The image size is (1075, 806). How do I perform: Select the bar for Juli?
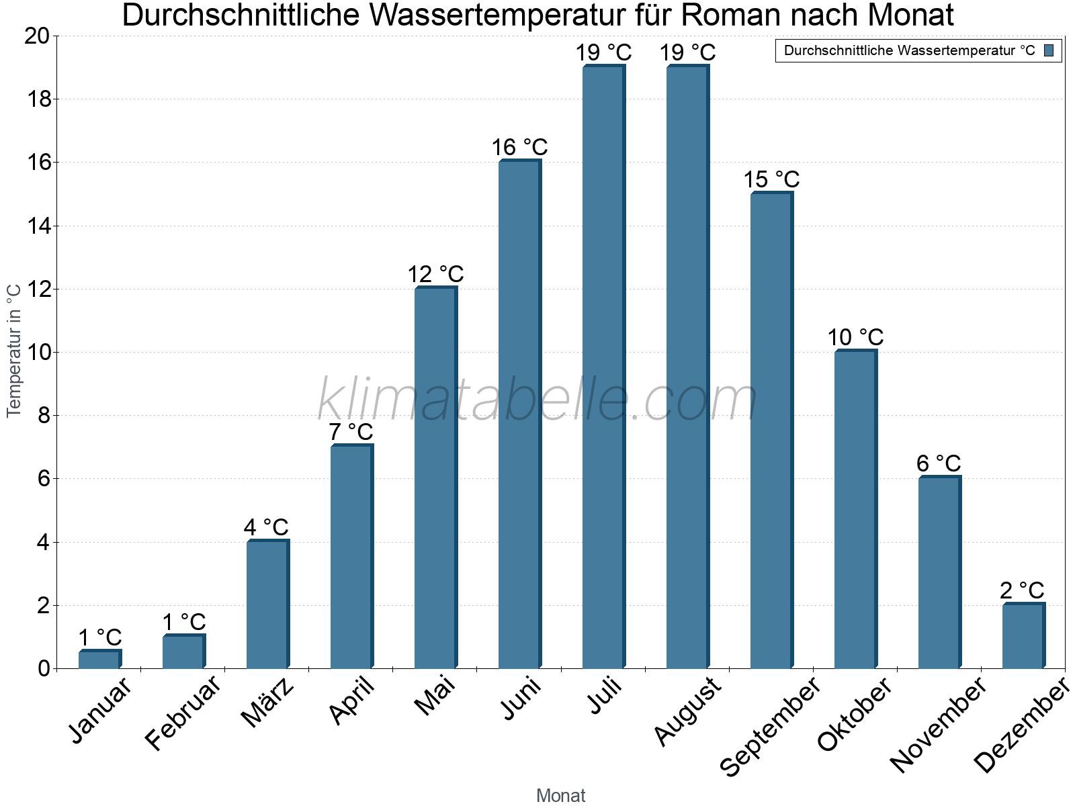click(603, 367)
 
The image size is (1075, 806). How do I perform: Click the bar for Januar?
click(99, 659)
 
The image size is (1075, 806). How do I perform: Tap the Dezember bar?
click(1023, 636)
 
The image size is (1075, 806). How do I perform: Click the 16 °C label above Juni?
click(519, 147)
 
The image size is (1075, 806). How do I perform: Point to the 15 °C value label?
click(771, 179)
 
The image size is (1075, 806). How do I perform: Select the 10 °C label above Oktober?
click(855, 337)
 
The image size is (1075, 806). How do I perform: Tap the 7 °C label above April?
click(351, 432)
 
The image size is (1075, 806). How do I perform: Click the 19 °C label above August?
click(687, 52)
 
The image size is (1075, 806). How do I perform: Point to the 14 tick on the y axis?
click(39, 226)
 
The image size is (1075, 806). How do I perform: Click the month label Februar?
click(183, 713)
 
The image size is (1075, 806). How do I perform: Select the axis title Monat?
click(560, 796)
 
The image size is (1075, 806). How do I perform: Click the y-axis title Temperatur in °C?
click(14, 351)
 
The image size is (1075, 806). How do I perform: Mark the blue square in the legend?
click(1049, 50)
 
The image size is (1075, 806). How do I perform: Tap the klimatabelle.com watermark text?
click(537, 400)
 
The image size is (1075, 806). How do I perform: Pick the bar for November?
click(939, 572)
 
